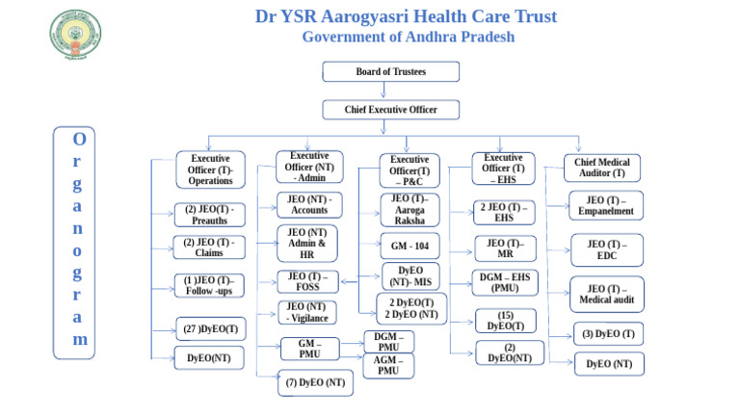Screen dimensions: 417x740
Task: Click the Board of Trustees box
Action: [390, 72]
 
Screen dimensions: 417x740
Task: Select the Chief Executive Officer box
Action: [390, 110]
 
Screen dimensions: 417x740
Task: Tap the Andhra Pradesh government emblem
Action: [74, 36]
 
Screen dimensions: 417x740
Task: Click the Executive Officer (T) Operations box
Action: [210, 169]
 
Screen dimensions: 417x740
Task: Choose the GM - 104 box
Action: [410, 245]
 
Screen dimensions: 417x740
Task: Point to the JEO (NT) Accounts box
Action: [309, 205]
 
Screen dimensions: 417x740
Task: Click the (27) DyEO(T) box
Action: [209, 329]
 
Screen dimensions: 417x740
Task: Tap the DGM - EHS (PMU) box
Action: [505, 283]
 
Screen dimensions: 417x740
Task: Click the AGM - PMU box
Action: [388, 366]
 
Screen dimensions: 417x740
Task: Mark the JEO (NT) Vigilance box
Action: [308, 312]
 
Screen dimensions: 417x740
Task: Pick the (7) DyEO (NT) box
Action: [315, 382]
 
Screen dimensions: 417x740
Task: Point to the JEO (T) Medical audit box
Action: [607, 295]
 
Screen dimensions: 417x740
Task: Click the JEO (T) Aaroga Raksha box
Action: [410, 209]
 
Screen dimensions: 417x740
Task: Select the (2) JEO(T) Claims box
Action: [208, 248]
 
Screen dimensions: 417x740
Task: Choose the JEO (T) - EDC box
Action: [607, 250]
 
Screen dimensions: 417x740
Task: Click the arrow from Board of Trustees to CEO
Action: [390, 91]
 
